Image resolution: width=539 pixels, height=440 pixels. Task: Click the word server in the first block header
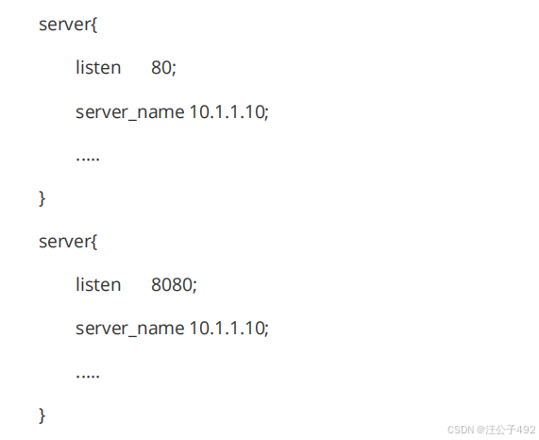coord(64,25)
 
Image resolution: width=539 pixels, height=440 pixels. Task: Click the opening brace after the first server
coord(93,25)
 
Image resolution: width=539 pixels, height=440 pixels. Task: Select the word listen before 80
coord(98,67)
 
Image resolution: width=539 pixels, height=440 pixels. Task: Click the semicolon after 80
coord(174,69)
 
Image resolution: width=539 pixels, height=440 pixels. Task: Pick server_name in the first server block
coord(130,112)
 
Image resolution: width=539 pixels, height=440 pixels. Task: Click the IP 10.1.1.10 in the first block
coord(227,111)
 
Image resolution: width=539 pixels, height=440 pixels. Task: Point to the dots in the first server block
coord(88,159)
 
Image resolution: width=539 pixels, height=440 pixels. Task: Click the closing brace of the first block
coord(42,198)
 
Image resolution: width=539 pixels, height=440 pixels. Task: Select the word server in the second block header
coord(64,242)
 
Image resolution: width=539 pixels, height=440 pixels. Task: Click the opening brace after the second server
coord(93,242)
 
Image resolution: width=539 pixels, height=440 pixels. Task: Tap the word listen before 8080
coord(98,284)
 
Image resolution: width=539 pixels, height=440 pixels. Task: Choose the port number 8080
coord(172,284)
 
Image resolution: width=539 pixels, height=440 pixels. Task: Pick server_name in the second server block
coord(130,329)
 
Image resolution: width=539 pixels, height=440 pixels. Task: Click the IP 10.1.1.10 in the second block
coord(227,328)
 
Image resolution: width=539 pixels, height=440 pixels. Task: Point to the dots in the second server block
coord(88,376)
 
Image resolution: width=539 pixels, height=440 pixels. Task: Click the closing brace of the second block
coord(42,415)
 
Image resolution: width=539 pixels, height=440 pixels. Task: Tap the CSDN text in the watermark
coord(461,430)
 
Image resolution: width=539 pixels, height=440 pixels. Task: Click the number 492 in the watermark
coord(526,430)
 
